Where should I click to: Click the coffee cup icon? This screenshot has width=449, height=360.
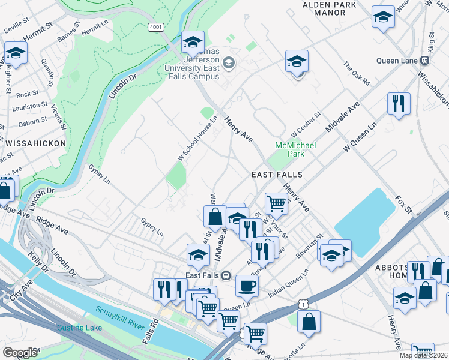click(x=246, y=286)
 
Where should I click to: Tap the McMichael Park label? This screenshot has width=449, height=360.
click(x=290, y=150)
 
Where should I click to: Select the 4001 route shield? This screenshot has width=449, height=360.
click(x=155, y=27)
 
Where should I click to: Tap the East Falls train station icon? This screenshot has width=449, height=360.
click(x=226, y=275)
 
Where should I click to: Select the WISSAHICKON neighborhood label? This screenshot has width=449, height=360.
click(x=30, y=143)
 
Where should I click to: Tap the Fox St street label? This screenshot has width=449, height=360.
click(x=404, y=204)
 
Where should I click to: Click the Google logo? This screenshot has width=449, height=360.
click(x=20, y=353)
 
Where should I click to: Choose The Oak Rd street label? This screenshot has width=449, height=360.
click(x=356, y=73)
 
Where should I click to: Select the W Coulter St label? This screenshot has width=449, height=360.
click(x=306, y=122)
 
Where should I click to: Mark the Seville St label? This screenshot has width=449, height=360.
click(x=17, y=28)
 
